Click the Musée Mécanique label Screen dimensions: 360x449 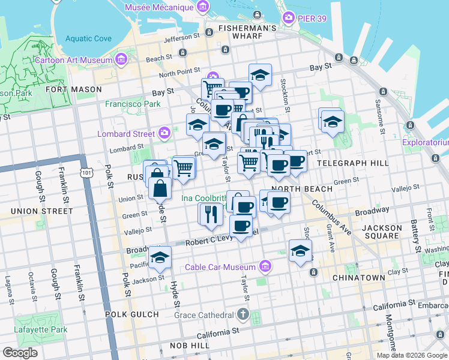159,7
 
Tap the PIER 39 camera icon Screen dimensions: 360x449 288,17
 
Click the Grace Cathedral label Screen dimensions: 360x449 203,315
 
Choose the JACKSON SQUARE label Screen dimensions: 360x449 382,232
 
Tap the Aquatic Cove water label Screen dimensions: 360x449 88,38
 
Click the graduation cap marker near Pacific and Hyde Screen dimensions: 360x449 160,257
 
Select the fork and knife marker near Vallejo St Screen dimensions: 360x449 210,214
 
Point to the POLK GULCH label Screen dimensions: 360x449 131,314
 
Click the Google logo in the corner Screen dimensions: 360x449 20,353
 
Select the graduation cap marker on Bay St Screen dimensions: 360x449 260,75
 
